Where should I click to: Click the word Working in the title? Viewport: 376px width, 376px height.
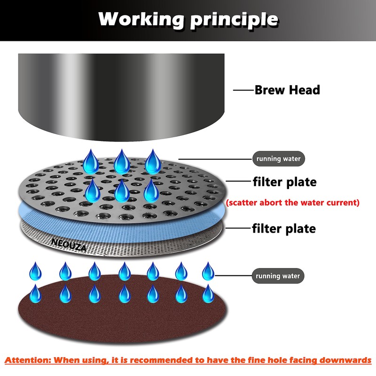pos(141,20)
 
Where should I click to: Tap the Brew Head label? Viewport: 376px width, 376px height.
pos(287,90)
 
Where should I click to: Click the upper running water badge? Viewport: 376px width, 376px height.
pos(278,159)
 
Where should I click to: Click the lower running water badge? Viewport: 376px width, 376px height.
pos(278,276)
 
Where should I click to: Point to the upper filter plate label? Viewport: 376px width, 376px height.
pos(285,182)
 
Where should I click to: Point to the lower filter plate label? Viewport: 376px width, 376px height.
pos(284,228)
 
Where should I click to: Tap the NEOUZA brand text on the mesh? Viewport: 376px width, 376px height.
pos(69,245)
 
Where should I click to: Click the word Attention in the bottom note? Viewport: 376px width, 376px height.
pos(28,360)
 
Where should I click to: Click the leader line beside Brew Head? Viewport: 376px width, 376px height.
pos(243,90)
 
